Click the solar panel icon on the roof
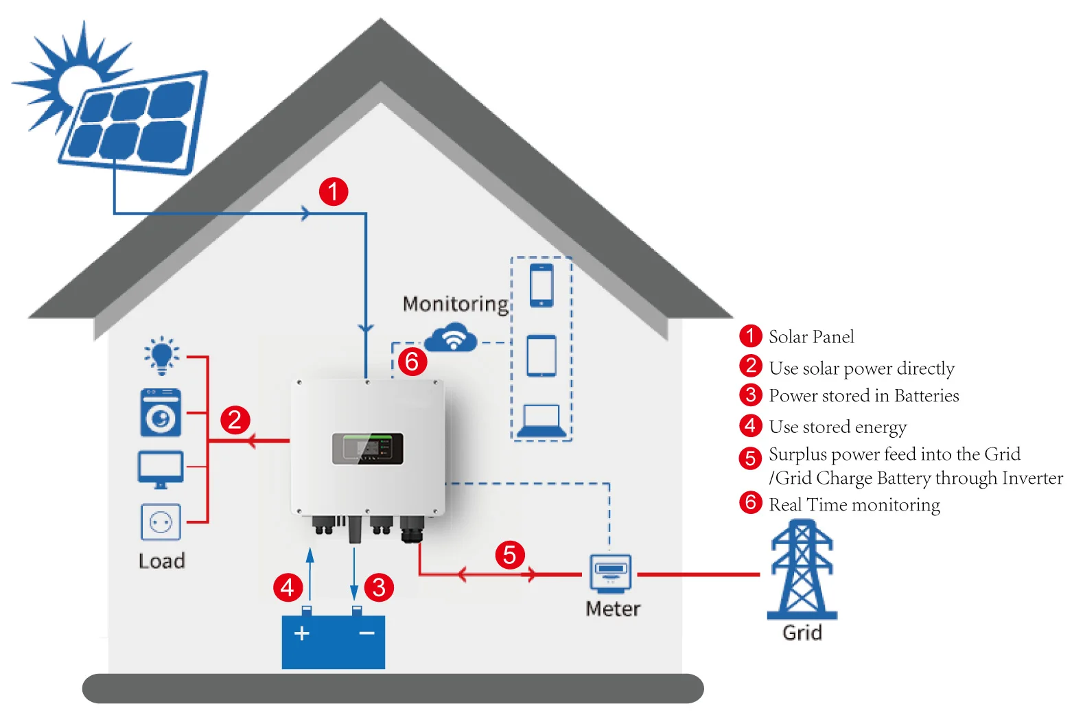coord(134,122)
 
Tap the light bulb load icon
coord(161,355)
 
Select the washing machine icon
coord(161,412)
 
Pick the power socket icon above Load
coord(161,523)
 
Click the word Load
coord(162,561)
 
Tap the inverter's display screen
coord(368,449)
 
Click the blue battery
coord(334,641)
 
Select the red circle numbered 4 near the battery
coord(288,587)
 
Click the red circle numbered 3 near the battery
coord(379,587)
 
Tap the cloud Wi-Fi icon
coord(452,338)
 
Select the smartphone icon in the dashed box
coord(541,285)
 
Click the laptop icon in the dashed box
coord(541,421)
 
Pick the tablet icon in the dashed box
coord(541,355)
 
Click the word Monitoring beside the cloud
coord(456,304)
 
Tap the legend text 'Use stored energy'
coord(837,427)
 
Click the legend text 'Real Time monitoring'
coord(854,505)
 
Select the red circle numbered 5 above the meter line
coord(509,554)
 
